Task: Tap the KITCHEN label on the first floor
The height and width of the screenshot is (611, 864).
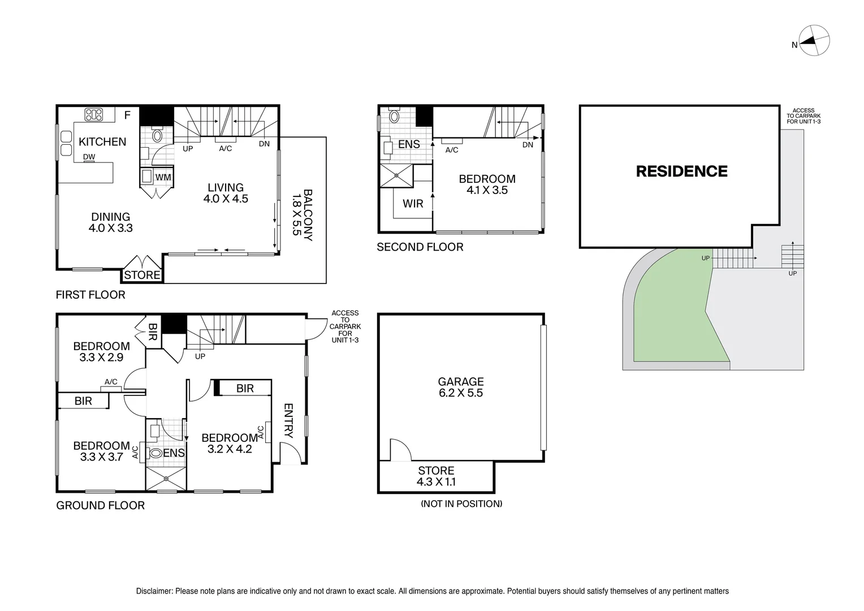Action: click(102, 141)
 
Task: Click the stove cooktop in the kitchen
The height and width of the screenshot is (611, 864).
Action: click(93, 115)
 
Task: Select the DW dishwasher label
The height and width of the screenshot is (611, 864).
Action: click(89, 157)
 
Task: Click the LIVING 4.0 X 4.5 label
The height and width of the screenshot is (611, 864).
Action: click(226, 193)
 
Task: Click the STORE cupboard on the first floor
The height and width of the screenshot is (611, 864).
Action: click(142, 275)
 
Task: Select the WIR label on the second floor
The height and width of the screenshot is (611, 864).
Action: click(413, 204)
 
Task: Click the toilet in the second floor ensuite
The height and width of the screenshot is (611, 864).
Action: click(394, 117)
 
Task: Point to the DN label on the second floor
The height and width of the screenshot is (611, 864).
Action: click(528, 145)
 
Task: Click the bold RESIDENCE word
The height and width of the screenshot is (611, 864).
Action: click(681, 171)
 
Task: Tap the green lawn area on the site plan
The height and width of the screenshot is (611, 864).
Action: click(673, 317)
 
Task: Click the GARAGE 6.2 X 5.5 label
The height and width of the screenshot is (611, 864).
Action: click(461, 388)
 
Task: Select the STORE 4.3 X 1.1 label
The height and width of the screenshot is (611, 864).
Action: click(436, 476)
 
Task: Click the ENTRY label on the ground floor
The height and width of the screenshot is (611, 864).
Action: click(288, 420)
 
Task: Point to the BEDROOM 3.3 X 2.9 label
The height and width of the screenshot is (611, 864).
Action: click(101, 351)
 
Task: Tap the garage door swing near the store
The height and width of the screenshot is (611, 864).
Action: click(400, 450)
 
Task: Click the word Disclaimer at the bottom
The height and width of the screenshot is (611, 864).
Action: click(154, 591)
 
